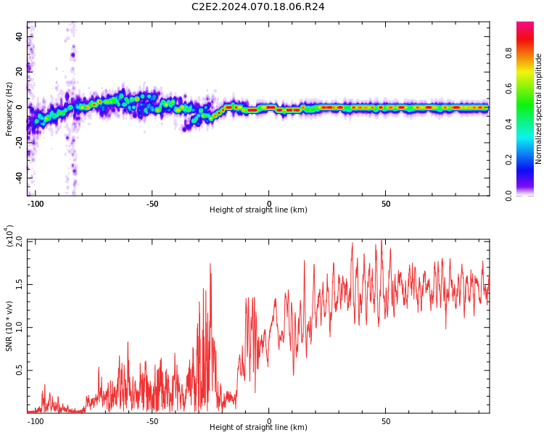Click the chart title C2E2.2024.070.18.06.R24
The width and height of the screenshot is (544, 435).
257,7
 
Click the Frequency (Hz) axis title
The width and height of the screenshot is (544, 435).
9,109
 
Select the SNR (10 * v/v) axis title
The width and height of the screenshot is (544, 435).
9,326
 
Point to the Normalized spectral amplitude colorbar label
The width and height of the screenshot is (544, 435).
538,109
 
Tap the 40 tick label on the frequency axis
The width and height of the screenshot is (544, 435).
20,36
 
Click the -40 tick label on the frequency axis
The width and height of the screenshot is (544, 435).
20,178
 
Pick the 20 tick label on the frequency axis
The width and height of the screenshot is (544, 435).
20,72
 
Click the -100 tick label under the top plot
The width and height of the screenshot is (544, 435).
36,204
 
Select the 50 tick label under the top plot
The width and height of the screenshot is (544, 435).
386,204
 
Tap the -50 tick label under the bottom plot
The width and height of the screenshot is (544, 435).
152,421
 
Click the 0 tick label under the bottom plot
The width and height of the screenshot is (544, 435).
269,421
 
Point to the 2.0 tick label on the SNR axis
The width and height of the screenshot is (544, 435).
20,241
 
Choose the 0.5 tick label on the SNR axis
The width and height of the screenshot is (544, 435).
20,370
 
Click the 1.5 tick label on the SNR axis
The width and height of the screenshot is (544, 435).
20,284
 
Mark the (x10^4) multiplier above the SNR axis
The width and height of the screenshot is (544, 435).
9,236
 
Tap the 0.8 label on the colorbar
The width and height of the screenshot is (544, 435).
508,53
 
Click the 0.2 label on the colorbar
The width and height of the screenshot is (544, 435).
508,159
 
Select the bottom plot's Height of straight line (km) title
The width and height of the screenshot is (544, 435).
258,427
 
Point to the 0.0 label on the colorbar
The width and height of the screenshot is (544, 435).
508,196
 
